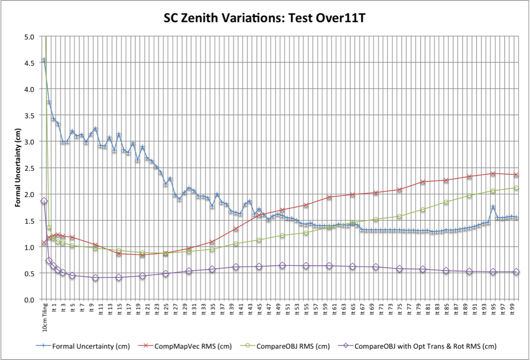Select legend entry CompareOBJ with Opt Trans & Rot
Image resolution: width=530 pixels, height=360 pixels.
[x=425, y=346]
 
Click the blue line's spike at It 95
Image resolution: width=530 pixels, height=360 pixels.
[x=493, y=207]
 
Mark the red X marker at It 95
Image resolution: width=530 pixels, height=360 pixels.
[x=493, y=173]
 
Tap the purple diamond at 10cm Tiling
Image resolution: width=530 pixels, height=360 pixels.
[x=44, y=201]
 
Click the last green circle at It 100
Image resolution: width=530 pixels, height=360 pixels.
[x=517, y=188]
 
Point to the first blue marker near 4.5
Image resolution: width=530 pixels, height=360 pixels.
[x=44, y=60]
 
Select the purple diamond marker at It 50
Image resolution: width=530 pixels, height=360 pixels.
[x=282, y=266]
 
